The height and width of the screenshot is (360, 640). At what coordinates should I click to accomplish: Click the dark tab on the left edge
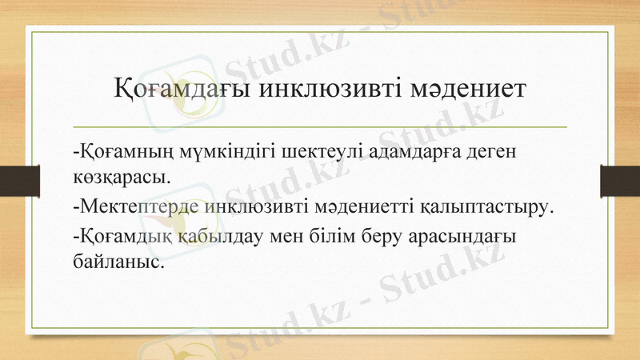(x=19, y=180)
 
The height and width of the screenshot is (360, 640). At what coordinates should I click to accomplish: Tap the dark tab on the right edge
(x=620, y=180)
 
